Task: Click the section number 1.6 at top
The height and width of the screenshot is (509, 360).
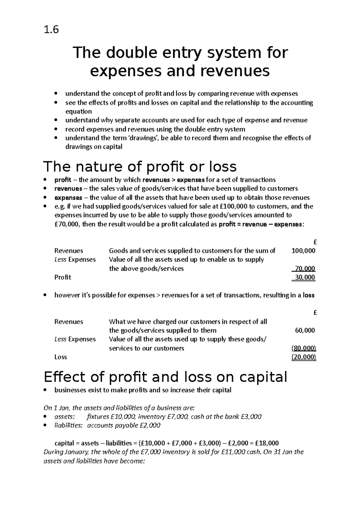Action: pos(51,30)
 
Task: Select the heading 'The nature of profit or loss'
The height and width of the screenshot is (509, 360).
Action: pos(140,166)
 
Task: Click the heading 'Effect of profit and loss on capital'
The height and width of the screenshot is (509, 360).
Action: pos(165,377)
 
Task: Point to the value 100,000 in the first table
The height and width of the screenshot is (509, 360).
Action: pos(303,251)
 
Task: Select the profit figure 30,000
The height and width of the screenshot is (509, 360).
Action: pos(305,277)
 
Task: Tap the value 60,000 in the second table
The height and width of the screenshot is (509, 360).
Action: pos(305,330)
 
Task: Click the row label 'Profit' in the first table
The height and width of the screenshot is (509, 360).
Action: pos(63,277)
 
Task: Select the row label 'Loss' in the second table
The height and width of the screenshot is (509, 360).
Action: pos(61,357)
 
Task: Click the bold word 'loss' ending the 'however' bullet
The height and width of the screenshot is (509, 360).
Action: pos(308,295)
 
